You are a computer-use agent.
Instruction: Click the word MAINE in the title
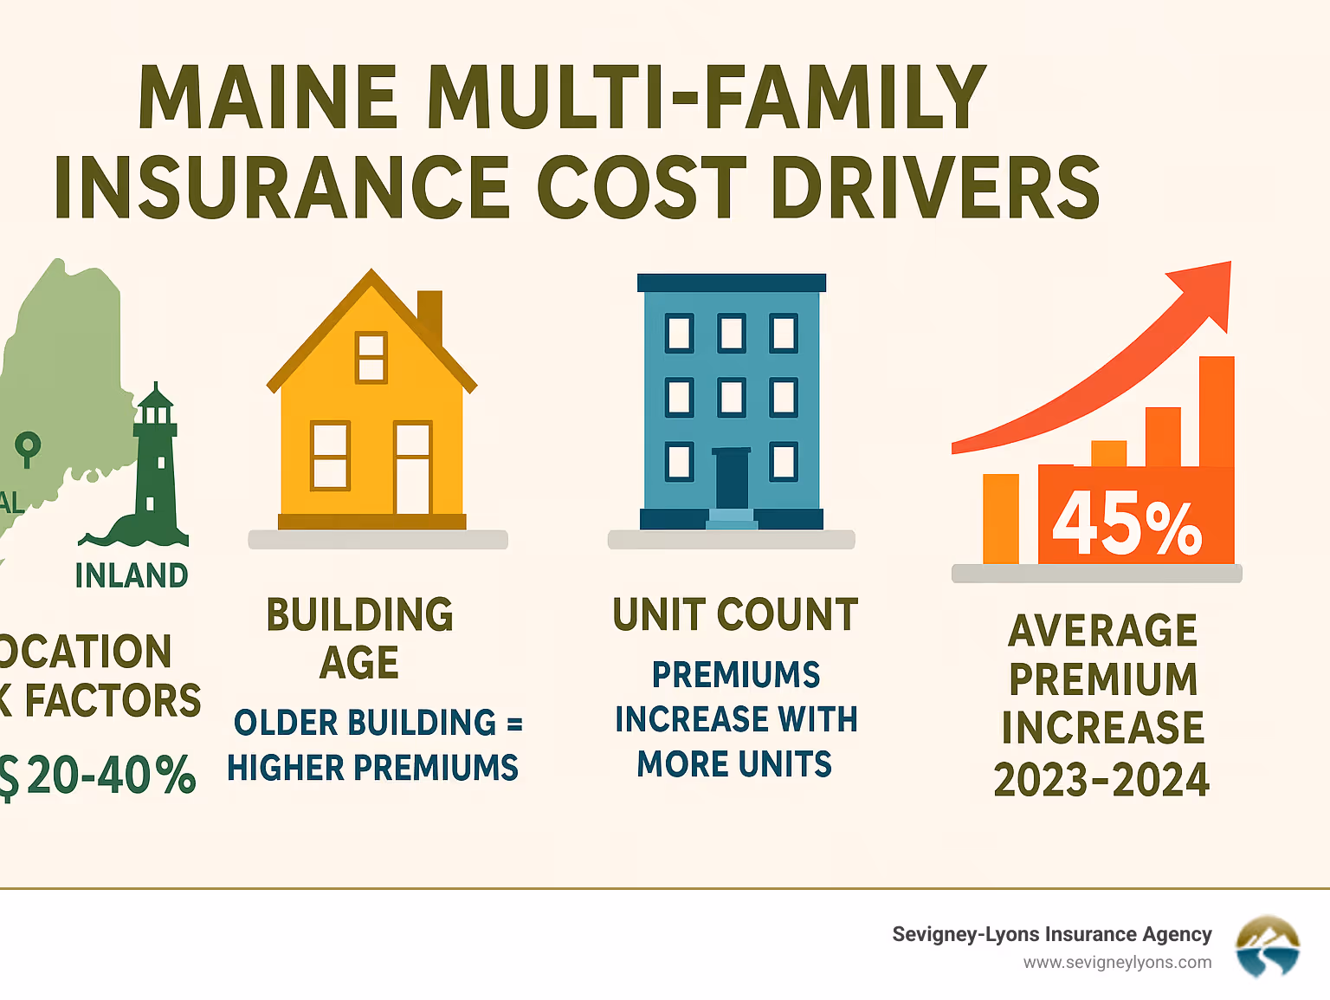pos(268,97)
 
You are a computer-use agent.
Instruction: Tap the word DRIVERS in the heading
pos(935,188)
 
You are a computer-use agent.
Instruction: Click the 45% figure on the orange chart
pos(1127,523)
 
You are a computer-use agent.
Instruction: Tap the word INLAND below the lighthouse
pos(132,575)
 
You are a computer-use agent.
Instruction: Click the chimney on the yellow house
pos(429,315)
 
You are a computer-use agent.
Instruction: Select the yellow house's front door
pos(412,469)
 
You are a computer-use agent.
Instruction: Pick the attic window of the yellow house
pos(371,357)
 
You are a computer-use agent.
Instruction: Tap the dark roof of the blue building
pos(732,282)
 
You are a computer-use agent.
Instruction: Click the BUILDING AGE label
pos(359,639)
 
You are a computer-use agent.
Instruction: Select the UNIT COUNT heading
pos(735,615)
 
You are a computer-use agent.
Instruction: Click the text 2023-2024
pos(1101,780)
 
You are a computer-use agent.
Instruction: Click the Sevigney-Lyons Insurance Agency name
pos(1051,934)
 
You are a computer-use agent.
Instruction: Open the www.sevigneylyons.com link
pos(1117,963)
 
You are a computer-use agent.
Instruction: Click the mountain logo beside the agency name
pos(1268,946)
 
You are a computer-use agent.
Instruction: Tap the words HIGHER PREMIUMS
pos(372,768)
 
